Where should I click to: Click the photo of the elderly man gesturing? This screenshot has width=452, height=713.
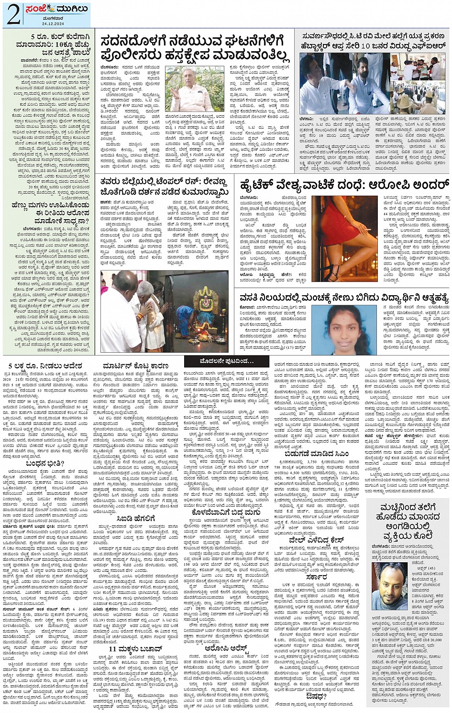194,89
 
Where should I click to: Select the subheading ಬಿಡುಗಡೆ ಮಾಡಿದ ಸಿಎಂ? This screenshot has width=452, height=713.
316,454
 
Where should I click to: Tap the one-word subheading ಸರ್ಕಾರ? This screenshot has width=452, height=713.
317,578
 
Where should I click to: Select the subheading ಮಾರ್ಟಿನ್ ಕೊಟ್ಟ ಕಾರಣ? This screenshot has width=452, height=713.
135,363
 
